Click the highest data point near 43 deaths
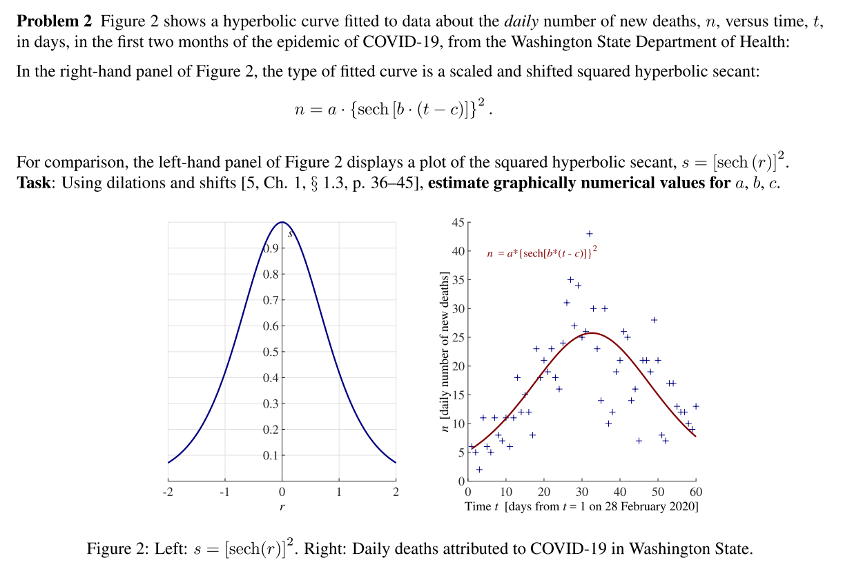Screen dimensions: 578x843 click(x=589, y=234)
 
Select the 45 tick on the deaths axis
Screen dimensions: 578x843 click(x=458, y=222)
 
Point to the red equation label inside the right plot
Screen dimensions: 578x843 click(x=541, y=254)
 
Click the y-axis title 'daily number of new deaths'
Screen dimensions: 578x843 click(x=445, y=352)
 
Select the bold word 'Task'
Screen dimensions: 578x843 click(x=32, y=183)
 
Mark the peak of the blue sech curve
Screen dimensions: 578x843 click(x=282, y=222)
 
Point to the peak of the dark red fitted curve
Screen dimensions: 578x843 click(x=592, y=333)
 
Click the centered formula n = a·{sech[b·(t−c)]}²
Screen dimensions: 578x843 click(x=394, y=109)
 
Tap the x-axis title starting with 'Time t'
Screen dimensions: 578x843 click(x=581, y=507)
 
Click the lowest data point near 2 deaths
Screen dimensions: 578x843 click(x=479, y=470)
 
